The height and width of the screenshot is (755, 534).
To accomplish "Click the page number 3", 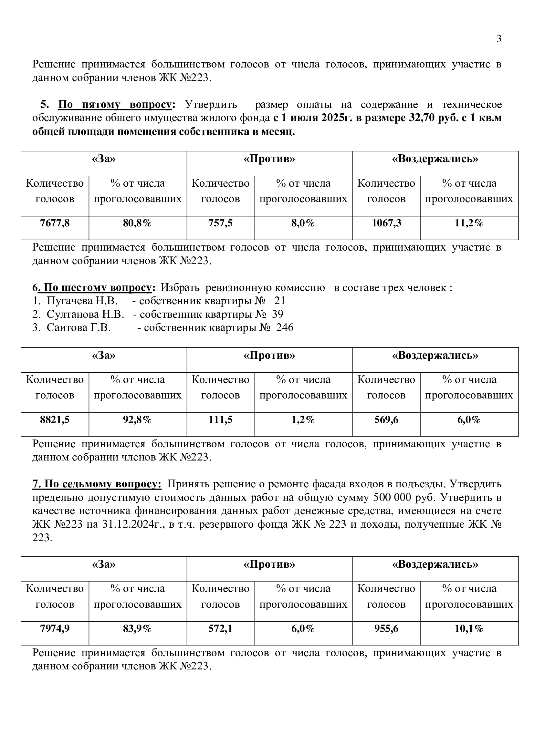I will (499, 39).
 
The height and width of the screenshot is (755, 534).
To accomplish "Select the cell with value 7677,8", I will (55, 223).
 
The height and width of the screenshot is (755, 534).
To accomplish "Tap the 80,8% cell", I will (137, 223).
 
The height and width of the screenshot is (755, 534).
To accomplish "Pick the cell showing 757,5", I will (220, 223).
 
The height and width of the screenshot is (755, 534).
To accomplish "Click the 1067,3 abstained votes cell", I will (387, 223).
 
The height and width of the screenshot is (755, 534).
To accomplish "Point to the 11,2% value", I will (469, 223).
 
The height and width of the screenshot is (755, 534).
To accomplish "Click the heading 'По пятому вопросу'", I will (115, 105).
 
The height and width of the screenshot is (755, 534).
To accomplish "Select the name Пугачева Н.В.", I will (82, 301).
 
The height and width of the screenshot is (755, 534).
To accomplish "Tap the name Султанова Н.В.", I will (85, 314).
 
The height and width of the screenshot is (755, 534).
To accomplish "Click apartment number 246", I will (285, 327).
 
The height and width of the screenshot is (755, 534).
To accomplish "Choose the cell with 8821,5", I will (55, 420).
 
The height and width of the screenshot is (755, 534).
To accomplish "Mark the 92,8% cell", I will (137, 420).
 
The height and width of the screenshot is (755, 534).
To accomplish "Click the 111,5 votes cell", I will (220, 420).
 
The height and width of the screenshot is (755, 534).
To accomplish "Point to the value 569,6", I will (387, 420).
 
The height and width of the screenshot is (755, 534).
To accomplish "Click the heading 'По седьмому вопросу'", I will (97, 484).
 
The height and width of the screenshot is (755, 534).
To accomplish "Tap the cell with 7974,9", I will (55, 629).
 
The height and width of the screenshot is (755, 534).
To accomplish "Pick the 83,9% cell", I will (137, 629).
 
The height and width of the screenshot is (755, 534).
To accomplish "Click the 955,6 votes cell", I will (387, 629).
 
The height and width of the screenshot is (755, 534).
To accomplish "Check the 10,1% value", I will (469, 629).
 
